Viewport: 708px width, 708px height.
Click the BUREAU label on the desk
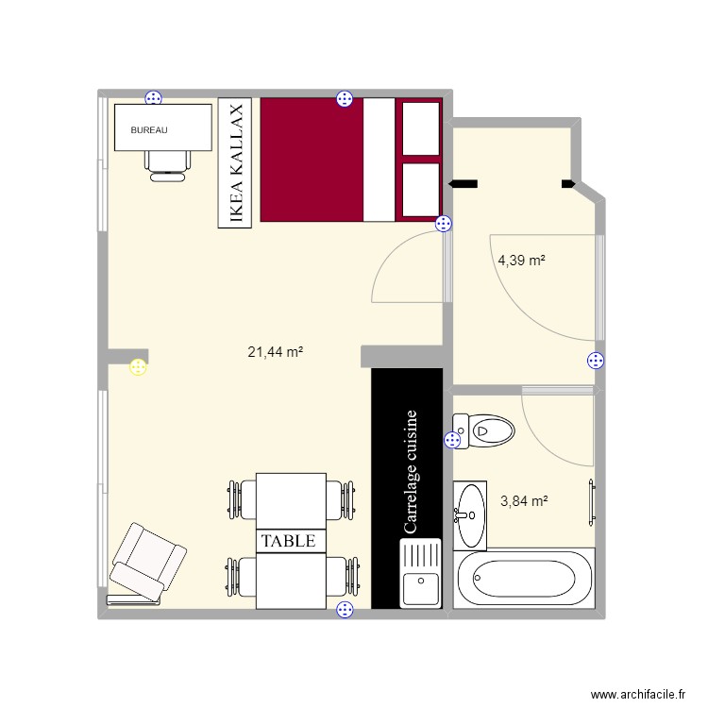[149, 130]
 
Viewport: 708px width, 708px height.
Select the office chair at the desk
[166, 163]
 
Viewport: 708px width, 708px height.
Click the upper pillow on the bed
[420, 126]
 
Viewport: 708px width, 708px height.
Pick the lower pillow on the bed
[420, 190]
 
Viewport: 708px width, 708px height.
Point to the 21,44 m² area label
[275, 352]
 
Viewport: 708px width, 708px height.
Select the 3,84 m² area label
[524, 501]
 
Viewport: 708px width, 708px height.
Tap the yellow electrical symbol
[139, 367]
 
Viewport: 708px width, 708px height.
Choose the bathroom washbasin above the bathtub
[470, 514]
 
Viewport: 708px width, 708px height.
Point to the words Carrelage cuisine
[410, 472]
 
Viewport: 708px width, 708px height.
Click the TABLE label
[290, 541]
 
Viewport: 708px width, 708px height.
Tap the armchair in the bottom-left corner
[146, 564]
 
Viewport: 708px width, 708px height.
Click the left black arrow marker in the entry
[464, 184]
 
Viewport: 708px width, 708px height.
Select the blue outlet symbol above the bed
[345, 99]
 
